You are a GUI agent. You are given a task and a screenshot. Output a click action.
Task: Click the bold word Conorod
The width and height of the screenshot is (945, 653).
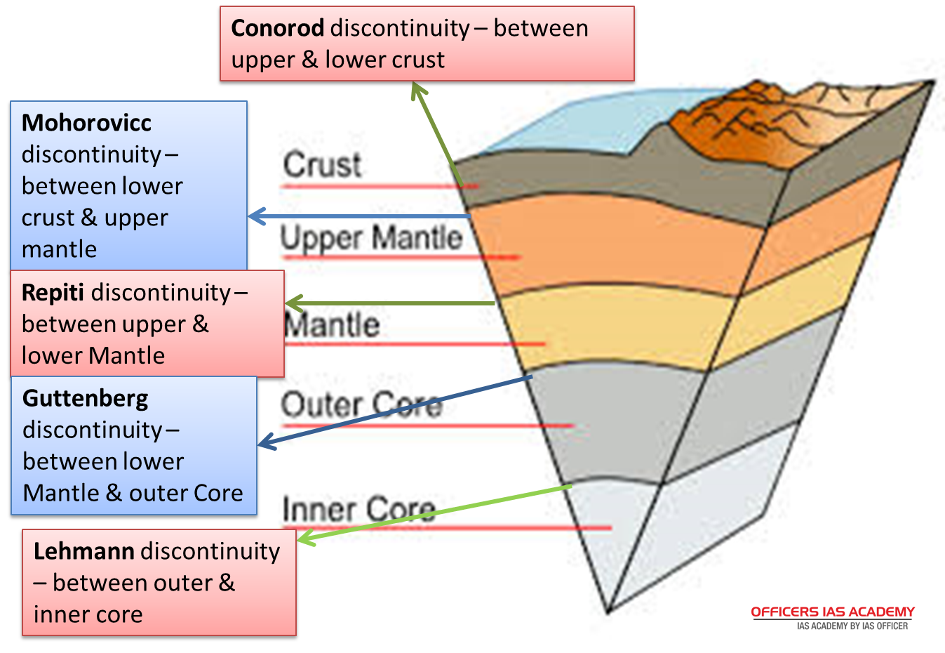[277, 29]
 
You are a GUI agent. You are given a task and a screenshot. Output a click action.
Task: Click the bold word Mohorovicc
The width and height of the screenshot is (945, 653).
[86, 123]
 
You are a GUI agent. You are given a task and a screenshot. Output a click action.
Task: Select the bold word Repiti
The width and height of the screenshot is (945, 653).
[53, 292]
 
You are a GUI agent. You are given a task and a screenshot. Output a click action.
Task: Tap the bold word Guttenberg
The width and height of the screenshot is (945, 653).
[86, 398]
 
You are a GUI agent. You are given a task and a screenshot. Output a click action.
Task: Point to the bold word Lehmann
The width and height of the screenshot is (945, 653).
[83, 551]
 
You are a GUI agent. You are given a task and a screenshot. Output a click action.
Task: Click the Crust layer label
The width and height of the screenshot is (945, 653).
[322, 165]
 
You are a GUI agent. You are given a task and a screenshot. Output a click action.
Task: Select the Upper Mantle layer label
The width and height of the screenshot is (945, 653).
[371, 237]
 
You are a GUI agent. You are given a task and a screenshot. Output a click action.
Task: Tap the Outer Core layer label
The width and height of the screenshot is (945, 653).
[361, 405]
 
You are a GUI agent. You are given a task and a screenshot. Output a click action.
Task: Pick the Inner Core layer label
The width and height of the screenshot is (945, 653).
[358, 509]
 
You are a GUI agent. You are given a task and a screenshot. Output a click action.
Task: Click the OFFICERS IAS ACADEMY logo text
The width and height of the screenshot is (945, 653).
[833, 612]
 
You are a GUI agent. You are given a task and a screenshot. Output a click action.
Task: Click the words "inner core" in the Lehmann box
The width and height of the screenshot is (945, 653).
[88, 614]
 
